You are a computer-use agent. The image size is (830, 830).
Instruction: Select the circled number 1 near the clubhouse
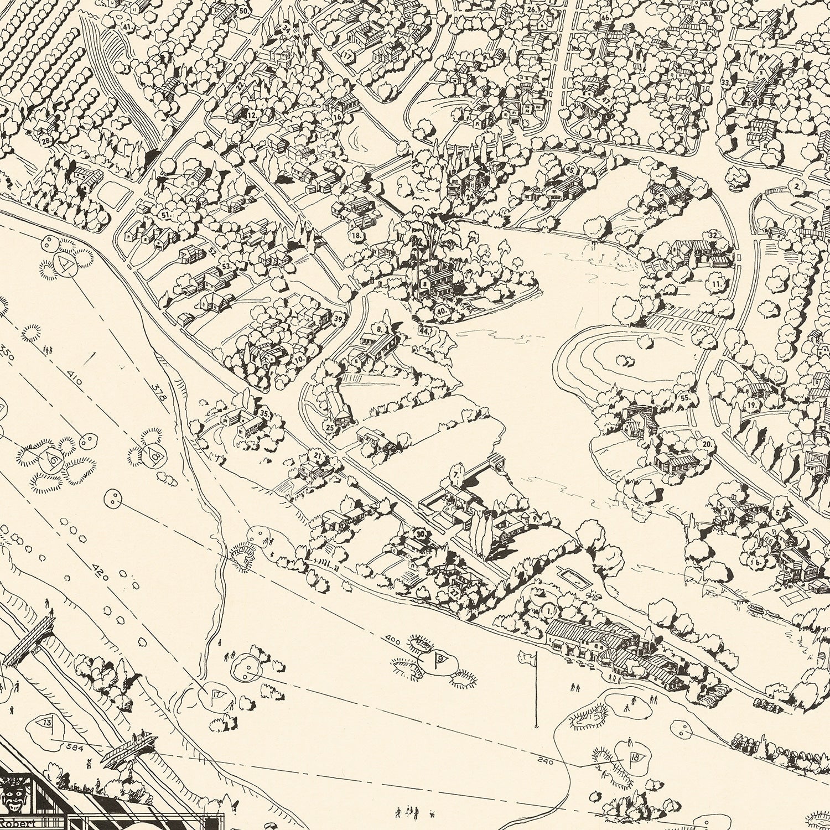pyautogui.click(x=548, y=610)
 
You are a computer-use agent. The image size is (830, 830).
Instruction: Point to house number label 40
pyautogui.click(x=442, y=312)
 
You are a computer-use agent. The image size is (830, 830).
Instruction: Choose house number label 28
pyautogui.click(x=46, y=141)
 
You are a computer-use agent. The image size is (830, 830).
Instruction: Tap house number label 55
pyautogui.click(x=685, y=398)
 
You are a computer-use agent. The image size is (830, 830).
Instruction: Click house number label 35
pyautogui.click(x=264, y=413)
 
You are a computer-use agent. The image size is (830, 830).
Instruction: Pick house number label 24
pyautogui.click(x=470, y=196)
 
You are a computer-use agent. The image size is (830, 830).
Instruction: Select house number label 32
pyautogui.click(x=713, y=235)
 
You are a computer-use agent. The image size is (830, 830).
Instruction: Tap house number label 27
pyautogui.click(x=455, y=592)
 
